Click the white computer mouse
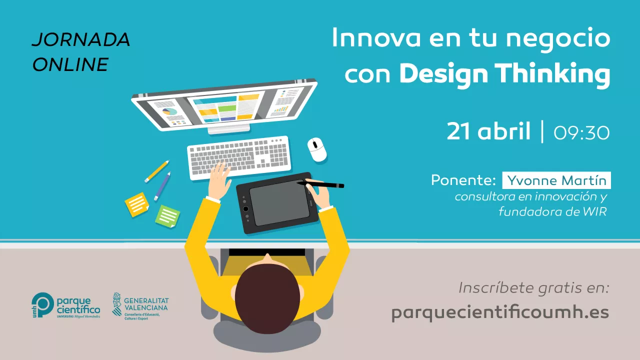click(317, 149)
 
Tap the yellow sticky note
click(137, 204)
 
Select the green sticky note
click(167, 216)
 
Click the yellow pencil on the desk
click(157, 171)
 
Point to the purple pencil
click(162, 186)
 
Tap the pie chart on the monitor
click(169, 111)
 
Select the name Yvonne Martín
click(556, 180)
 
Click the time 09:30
click(581, 133)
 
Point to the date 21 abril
click(488, 131)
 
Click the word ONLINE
click(70, 64)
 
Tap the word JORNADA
click(81, 39)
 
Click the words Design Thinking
click(504, 73)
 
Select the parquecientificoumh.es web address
click(500, 313)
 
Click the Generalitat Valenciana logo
click(140, 306)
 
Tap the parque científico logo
click(65, 305)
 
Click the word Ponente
click(463, 180)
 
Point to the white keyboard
click(239, 157)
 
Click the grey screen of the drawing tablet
click(279, 203)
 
